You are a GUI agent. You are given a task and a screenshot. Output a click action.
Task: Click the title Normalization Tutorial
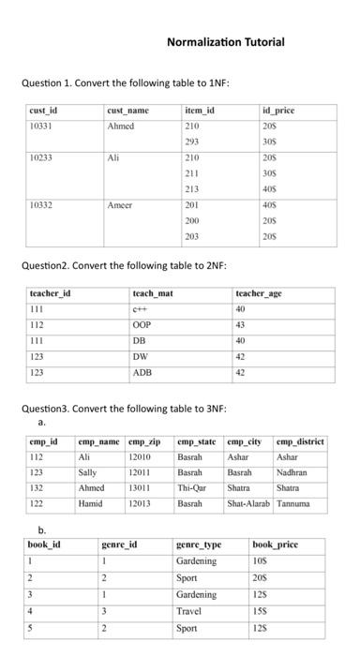click(225, 42)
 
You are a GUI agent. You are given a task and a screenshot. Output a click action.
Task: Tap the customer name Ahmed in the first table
click(121, 126)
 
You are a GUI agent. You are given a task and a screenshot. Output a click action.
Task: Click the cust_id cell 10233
click(40, 158)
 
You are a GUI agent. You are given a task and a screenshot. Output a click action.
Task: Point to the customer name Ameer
click(121, 203)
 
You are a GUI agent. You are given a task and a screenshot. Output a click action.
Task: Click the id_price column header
click(279, 112)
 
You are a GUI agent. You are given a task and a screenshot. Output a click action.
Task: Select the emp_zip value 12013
click(140, 503)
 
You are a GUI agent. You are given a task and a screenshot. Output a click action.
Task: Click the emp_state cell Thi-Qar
click(191, 488)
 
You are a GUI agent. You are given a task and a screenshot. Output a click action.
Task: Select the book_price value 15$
click(262, 610)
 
